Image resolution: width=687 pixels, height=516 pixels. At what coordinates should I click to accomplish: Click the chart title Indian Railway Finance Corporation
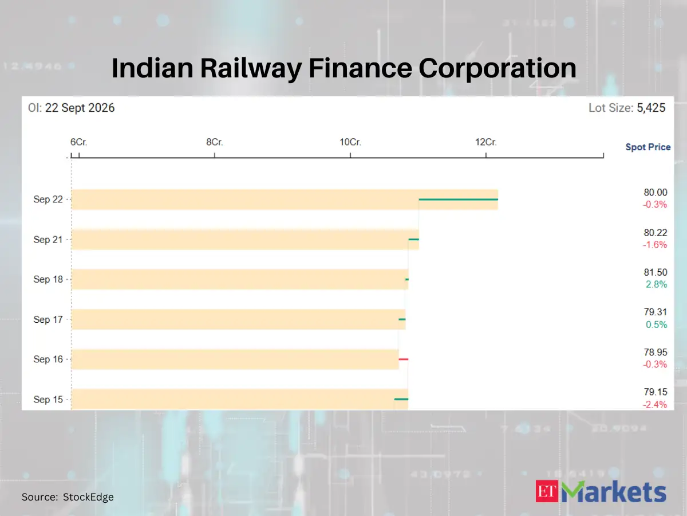(x=343, y=68)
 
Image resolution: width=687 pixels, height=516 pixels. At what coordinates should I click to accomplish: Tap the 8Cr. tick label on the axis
(x=214, y=142)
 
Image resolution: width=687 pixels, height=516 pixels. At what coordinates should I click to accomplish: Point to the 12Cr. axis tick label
(x=485, y=142)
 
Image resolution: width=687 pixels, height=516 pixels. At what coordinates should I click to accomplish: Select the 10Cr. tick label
(x=350, y=142)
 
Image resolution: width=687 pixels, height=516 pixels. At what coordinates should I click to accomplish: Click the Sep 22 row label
(x=48, y=200)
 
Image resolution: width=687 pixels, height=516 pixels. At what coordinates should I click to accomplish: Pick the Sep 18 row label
(x=48, y=279)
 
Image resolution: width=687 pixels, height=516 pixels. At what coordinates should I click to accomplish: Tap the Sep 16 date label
(x=48, y=359)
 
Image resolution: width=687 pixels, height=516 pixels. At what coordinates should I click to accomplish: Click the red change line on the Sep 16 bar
(x=404, y=359)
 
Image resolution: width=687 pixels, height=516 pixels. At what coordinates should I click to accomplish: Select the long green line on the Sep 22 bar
(x=458, y=200)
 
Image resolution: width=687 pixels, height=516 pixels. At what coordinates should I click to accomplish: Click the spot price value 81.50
(x=656, y=272)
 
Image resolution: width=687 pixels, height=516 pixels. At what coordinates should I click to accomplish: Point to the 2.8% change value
(x=656, y=284)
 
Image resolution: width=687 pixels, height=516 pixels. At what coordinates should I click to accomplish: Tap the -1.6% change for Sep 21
(x=655, y=245)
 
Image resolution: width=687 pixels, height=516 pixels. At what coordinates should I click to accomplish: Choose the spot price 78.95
(x=656, y=352)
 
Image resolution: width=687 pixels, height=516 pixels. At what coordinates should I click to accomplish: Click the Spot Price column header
(x=648, y=147)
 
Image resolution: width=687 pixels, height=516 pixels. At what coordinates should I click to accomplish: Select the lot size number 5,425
(x=651, y=108)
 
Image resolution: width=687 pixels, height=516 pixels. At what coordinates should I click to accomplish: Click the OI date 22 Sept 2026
(x=80, y=108)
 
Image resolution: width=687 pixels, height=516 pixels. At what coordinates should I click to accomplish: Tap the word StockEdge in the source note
(x=88, y=497)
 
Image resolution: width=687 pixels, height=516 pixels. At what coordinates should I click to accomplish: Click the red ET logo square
(x=547, y=491)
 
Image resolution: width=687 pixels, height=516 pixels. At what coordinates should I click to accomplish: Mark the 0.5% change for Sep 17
(x=656, y=325)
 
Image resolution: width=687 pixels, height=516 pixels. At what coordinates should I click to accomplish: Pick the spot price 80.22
(x=656, y=232)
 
